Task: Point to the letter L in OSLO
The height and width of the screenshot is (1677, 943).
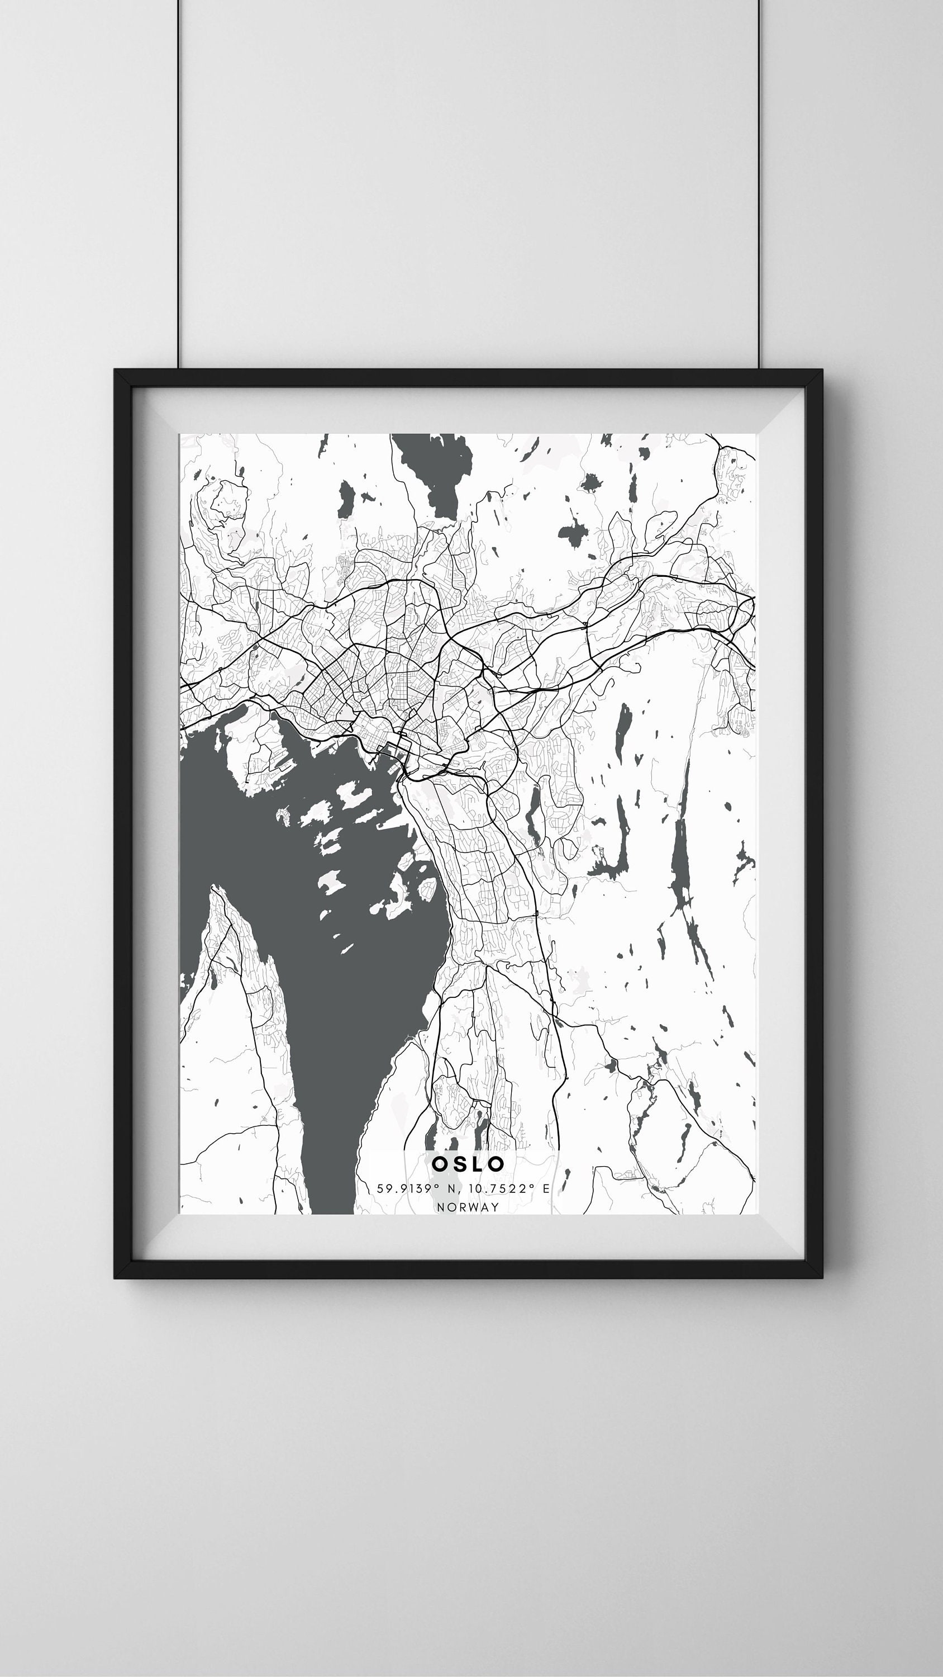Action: (478, 1163)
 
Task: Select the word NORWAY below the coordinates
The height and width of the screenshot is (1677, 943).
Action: (468, 1206)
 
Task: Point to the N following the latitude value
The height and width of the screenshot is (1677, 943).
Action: (451, 1188)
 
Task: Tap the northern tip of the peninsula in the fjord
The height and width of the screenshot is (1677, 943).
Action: (213, 890)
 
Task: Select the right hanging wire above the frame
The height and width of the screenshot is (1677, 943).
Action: (758, 182)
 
